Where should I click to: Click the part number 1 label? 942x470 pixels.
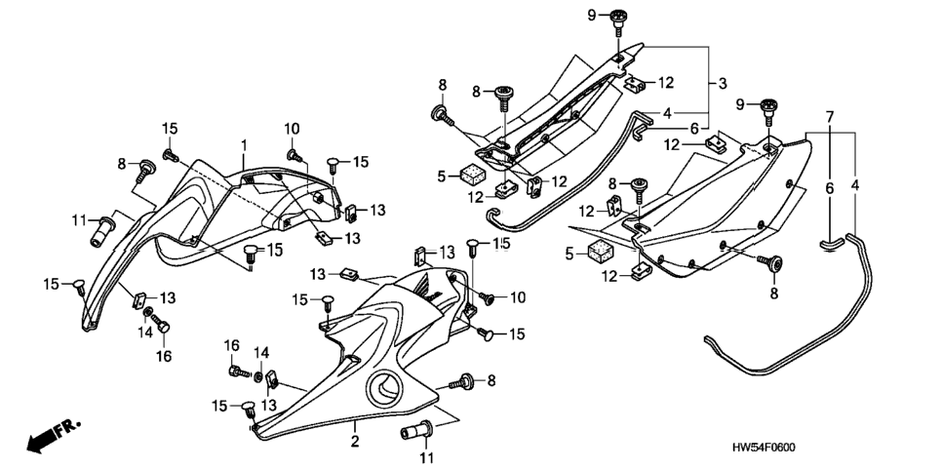pos(244,145)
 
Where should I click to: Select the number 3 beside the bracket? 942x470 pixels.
pos(723,83)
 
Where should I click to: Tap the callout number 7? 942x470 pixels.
pos(830,117)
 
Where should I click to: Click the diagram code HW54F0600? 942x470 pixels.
pos(772,448)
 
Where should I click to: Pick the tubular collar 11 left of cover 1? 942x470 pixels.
pos(102,231)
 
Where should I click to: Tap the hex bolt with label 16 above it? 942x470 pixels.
pos(239,371)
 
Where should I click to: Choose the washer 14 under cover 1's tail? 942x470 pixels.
pos(146,312)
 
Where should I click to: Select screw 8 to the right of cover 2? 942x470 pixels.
pos(461,381)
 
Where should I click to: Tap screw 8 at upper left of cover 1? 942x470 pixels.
pos(144,170)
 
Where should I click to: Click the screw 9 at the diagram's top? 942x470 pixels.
pos(618,23)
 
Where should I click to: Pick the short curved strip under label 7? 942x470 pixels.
pos(832,242)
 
